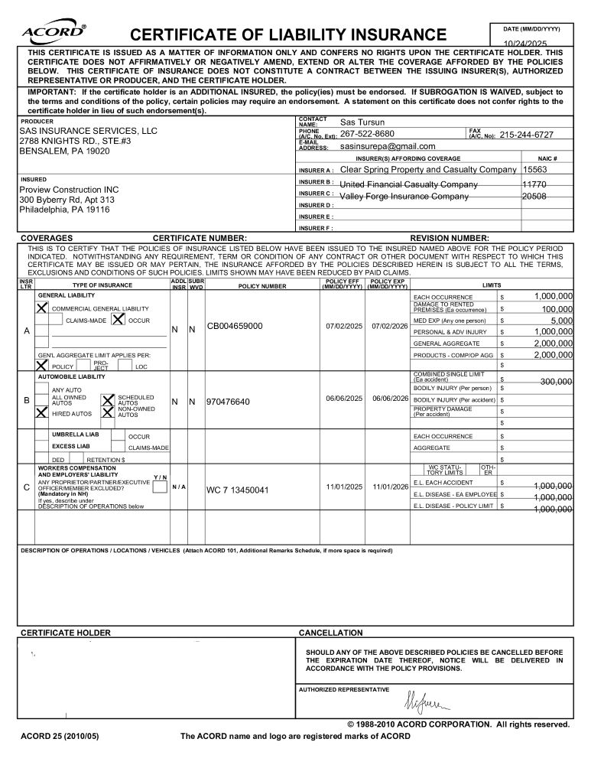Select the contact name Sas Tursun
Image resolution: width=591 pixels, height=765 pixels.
(362, 122)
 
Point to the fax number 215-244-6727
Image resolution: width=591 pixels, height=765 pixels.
(526, 135)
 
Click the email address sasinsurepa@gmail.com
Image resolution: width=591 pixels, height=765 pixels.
(388, 146)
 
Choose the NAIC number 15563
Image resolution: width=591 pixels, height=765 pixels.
(534, 170)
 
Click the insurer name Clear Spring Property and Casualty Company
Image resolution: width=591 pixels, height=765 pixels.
(428, 170)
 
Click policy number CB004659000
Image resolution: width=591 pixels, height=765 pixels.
(235, 327)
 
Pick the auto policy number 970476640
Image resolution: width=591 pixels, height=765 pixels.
(228, 402)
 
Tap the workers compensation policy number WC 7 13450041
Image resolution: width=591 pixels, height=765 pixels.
(238, 490)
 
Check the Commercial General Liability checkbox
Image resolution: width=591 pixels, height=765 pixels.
(43, 308)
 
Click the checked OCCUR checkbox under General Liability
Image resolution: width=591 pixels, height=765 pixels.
(119, 320)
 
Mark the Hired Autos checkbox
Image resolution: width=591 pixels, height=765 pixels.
(43, 412)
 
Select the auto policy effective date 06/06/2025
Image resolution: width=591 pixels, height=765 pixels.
(344, 399)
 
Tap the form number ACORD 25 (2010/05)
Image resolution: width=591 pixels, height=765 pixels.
(60, 736)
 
